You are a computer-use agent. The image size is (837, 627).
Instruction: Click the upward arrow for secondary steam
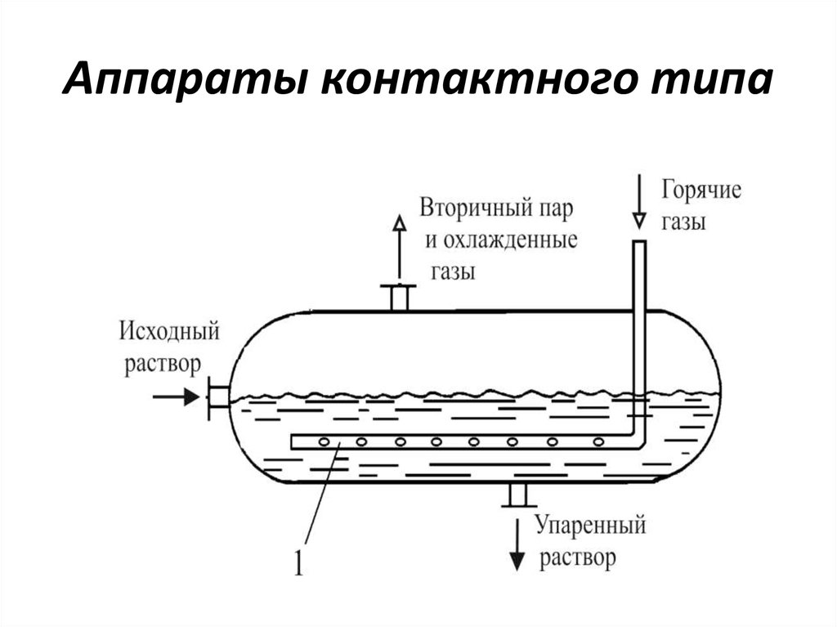[399, 245]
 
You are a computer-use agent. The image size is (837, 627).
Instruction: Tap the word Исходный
[169, 332]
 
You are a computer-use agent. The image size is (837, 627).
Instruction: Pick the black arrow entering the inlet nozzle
[177, 397]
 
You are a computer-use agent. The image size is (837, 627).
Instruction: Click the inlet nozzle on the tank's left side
[217, 397]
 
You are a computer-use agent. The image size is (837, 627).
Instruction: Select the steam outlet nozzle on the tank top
[399, 297]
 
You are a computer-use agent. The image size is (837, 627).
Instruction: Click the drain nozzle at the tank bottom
[516, 495]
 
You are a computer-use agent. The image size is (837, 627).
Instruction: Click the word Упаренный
[590, 524]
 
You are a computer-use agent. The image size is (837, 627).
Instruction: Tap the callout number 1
[298, 565]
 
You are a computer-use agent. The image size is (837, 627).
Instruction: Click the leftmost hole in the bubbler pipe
[323, 442]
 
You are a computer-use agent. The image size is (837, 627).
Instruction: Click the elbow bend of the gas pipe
[636, 441]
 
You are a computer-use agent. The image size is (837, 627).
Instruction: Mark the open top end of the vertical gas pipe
[639, 243]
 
